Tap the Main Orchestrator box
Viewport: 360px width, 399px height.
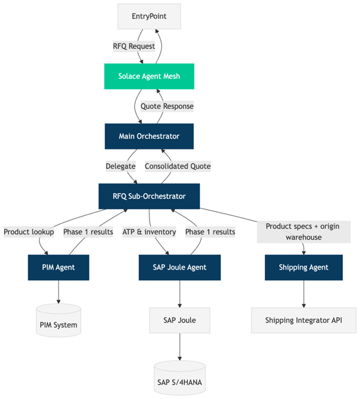149,136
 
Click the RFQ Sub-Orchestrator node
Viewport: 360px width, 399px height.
149,196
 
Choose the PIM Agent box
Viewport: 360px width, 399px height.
59,267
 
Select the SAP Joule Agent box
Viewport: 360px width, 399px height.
180,267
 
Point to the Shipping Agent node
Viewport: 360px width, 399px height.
303,267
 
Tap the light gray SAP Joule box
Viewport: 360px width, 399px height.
180,321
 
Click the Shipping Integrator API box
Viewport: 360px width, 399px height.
303,321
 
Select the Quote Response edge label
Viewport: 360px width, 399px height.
167,106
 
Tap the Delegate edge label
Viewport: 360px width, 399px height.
120,166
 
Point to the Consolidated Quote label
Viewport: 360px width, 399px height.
177,166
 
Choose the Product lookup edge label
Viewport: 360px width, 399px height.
28,232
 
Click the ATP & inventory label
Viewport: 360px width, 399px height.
149,232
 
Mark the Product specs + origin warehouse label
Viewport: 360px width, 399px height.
303,232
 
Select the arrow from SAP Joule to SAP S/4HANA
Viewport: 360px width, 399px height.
180,347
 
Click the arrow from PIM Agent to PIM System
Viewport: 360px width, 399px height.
59,292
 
